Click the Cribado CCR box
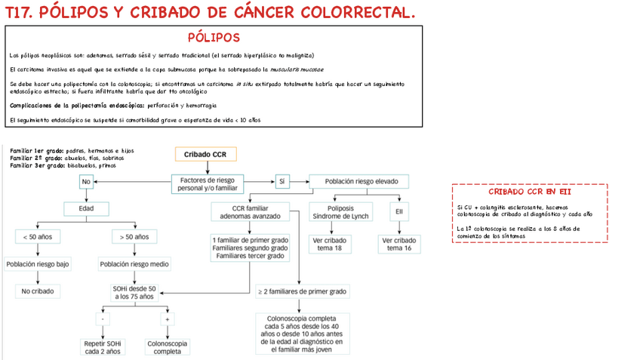pyautogui.click(x=206, y=155)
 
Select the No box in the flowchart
pyautogui.click(x=86, y=182)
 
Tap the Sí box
pyautogui.click(x=282, y=182)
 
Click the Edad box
pyautogui.click(x=96, y=208)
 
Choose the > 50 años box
pyautogui.click(x=134, y=237)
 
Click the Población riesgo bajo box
pyautogui.click(x=38, y=264)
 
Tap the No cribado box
pyautogui.click(x=38, y=291)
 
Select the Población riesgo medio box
pyautogui.click(x=134, y=264)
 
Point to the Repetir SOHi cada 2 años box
pyautogui.click(x=103, y=347)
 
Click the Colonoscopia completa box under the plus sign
pyautogui.click(x=167, y=347)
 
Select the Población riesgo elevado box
pyautogui.click(x=359, y=182)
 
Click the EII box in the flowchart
pyautogui.click(x=398, y=211)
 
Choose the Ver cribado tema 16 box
pyautogui.click(x=398, y=244)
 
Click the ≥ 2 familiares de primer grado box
pyautogui.click(x=302, y=291)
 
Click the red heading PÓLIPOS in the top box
pyautogui.click(x=214, y=38)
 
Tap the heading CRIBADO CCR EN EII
pyautogui.click(x=529, y=192)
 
